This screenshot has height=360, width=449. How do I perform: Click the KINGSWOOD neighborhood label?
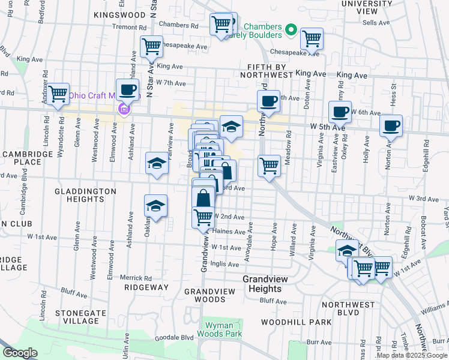[x=120, y=14]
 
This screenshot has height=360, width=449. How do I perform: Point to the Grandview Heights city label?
[x=274, y=280]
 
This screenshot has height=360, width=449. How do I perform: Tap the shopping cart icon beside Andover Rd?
[x=59, y=94]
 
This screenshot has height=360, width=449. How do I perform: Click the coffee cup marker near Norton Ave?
[x=391, y=126]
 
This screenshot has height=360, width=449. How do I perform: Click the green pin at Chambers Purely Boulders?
[x=291, y=29]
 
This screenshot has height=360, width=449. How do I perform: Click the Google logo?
[x=20, y=353]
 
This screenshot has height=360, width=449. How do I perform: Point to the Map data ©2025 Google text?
[x=411, y=355]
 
